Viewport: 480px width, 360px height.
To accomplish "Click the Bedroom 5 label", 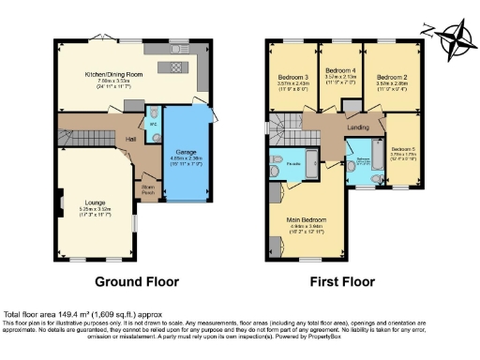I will [x=403, y=149].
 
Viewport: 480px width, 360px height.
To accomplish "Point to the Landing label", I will [x=358, y=128].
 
